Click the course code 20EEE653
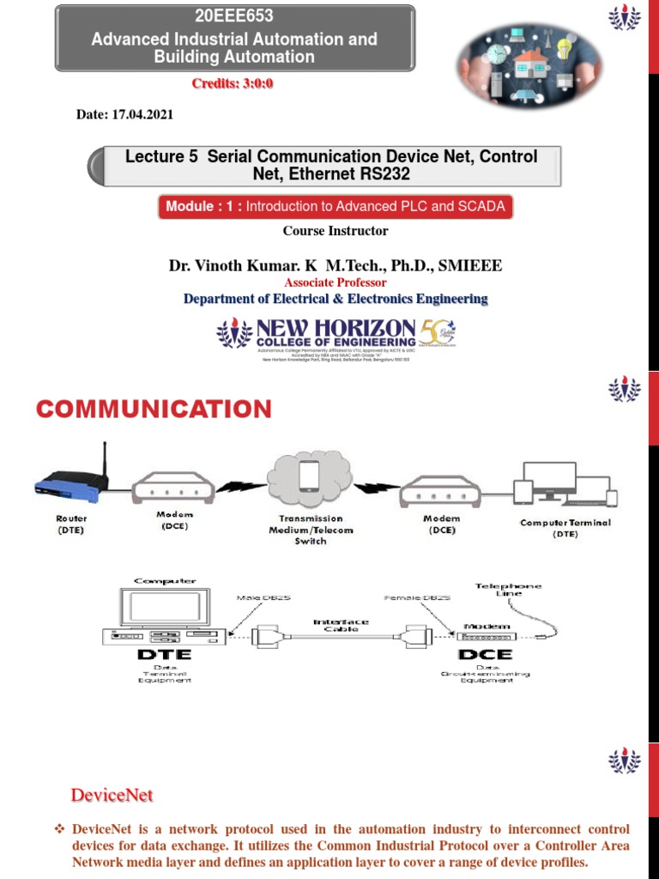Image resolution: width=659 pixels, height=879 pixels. [x=234, y=19]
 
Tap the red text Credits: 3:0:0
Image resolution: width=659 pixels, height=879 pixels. [x=233, y=83]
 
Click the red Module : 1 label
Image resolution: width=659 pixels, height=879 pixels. [x=201, y=207]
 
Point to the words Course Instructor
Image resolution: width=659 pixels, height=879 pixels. [x=336, y=230]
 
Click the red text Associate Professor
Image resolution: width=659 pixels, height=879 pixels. [x=336, y=282]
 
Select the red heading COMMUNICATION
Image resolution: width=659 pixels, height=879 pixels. [x=154, y=409]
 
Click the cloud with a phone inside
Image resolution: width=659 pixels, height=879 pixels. [x=311, y=482]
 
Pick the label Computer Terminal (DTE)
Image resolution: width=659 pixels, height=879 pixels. [x=565, y=528]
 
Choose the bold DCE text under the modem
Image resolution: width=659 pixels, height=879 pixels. [x=485, y=653]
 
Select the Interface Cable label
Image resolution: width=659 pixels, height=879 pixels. [x=341, y=626]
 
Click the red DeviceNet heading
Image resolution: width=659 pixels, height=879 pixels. [x=112, y=796]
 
